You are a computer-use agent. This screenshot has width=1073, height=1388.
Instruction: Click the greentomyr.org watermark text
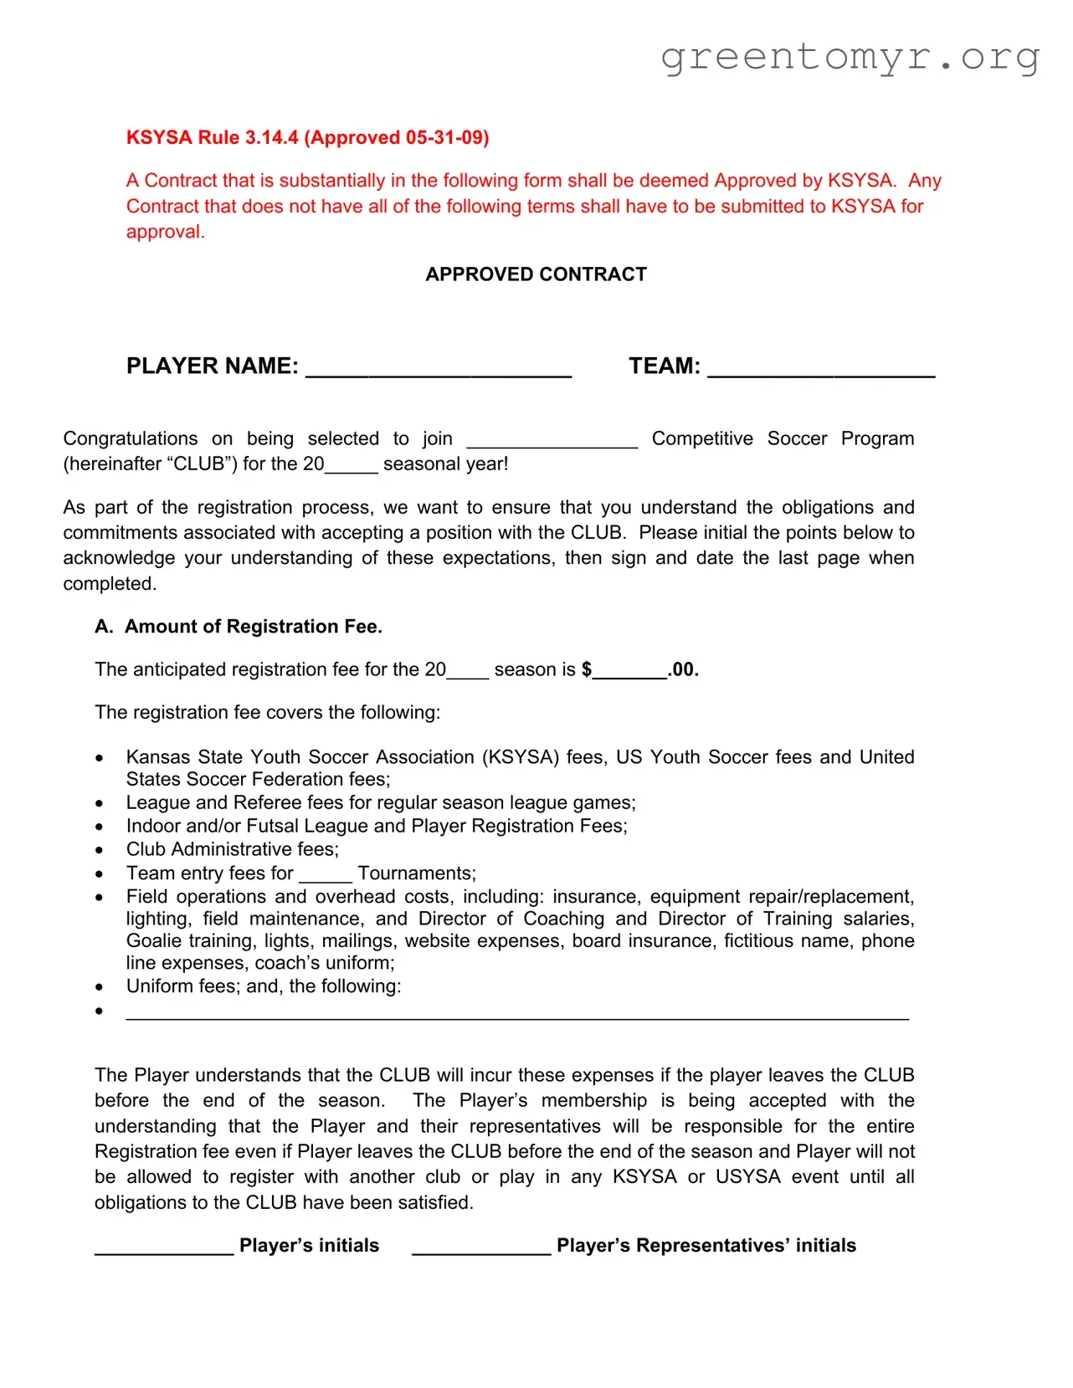point(850,57)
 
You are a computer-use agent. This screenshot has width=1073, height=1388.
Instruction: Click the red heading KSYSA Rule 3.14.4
point(307,137)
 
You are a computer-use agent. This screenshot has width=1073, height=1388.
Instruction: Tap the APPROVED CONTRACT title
point(536,274)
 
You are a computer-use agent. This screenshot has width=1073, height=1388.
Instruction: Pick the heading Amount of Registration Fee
point(253,627)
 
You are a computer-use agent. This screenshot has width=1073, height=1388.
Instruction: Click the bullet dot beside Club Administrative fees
point(100,850)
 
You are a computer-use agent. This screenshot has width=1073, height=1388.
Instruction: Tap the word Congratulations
point(131,438)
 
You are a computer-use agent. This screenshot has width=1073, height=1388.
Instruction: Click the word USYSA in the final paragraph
point(747,1176)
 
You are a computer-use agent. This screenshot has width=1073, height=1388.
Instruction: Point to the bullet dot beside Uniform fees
point(100,987)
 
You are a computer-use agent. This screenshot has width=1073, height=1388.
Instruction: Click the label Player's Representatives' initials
point(706,1246)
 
